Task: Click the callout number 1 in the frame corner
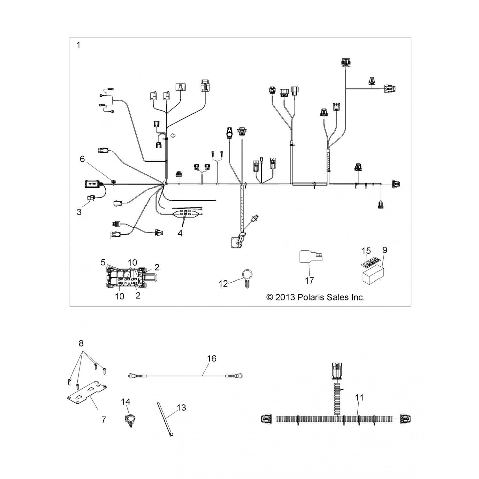coord(78,45)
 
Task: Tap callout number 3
coord(79,212)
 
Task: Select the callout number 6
coord(82,159)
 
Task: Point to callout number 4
coord(180,233)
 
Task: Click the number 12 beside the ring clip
coord(223,283)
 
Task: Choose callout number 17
coord(309,280)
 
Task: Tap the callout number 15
coord(366,251)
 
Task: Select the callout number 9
coord(385,250)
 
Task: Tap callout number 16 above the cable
coord(212,358)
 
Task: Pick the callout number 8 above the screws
coord(81,343)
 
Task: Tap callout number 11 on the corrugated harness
coord(359,398)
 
